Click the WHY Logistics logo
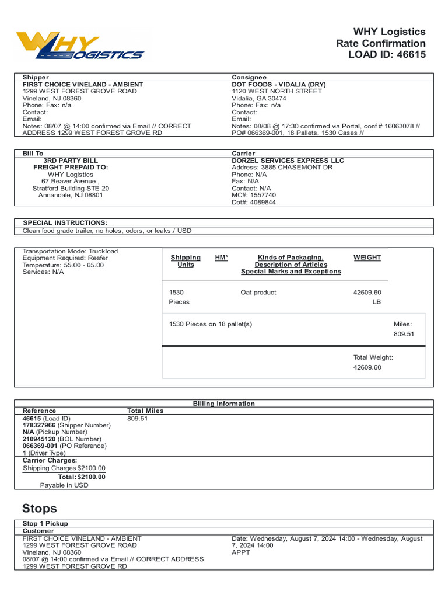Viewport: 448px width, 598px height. [80, 46]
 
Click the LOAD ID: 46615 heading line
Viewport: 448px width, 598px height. [387, 55]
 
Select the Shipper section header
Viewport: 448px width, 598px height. [36, 77]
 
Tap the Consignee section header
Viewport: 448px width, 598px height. [249, 77]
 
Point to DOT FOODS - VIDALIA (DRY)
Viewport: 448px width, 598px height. [279, 84]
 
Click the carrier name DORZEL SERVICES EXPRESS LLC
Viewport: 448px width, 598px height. [288, 161]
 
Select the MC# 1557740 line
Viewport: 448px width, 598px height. [254, 195]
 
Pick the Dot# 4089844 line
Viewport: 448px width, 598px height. [254, 203]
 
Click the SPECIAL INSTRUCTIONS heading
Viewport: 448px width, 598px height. [65, 223]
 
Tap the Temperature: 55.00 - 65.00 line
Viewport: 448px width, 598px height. [63, 265]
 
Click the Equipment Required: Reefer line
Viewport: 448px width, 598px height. [65, 258]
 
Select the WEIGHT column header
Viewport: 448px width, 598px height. [367, 258]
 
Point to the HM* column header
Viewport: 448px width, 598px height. [222, 258]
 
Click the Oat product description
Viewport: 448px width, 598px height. [258, 293]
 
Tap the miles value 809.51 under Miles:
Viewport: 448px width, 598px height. [404, 334]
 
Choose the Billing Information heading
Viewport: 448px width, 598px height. [223, 404]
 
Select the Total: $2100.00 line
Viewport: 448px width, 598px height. [82, 477]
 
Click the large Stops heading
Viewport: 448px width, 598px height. [40, 508]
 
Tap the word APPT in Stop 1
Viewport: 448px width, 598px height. [240, 552]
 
